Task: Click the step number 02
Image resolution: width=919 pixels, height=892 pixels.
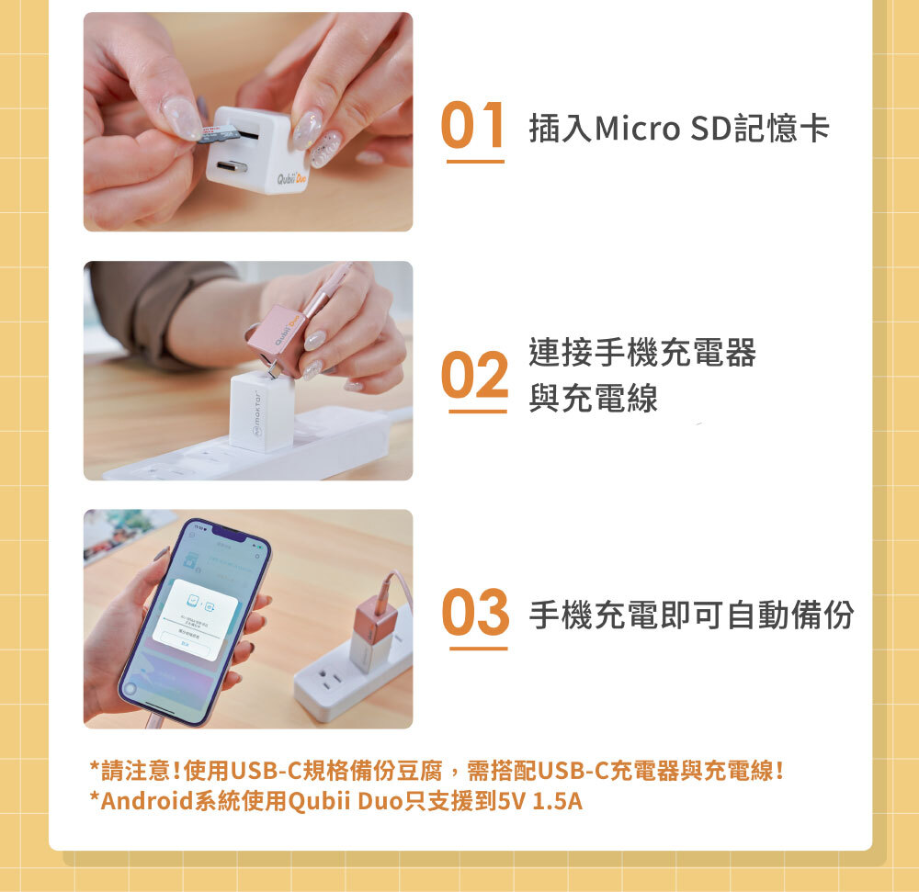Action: [x=475, y=375]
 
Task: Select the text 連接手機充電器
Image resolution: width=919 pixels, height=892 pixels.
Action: [x=641, y=352]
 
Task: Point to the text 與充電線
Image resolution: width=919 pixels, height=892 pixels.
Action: [x=593, y=399]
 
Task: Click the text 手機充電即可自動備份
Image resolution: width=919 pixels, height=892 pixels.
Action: [x=691, y=614]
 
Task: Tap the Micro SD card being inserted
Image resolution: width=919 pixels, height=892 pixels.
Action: [x=221, y=134]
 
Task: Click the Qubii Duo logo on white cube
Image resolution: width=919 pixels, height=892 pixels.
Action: [x=286, y=175]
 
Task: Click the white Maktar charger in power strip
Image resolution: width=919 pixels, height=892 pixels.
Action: [x=260, y=411]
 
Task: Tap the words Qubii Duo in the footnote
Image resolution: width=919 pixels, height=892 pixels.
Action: [x=346, y=800]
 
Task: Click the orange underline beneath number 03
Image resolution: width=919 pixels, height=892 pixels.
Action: [x=478, y=649]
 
